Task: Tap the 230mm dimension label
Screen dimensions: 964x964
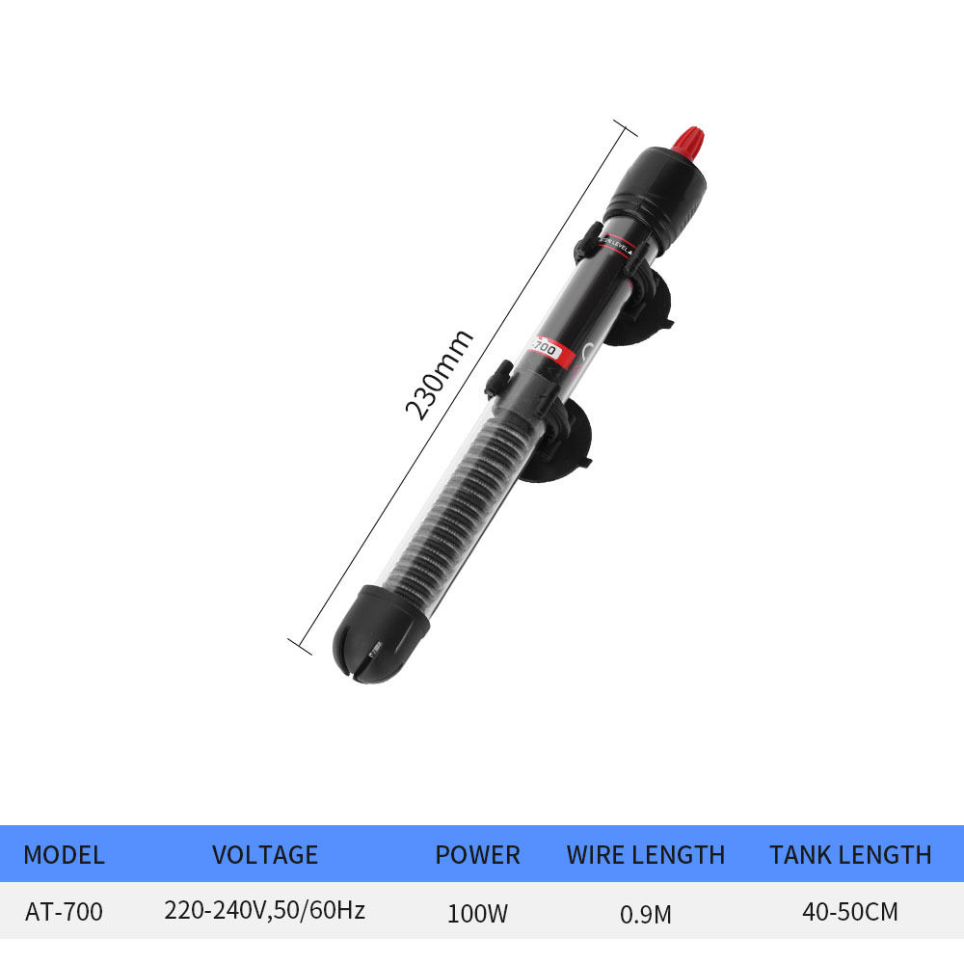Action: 439,374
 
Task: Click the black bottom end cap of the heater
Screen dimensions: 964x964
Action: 380,648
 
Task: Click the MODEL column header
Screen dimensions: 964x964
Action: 64,854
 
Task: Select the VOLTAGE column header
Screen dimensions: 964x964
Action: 264,854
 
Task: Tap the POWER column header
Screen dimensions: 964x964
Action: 477,854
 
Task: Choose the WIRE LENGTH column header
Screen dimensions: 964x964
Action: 646,854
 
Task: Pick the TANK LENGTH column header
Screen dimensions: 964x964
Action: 850,854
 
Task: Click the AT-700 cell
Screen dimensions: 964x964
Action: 64,911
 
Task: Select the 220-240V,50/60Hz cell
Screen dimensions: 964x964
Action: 264,910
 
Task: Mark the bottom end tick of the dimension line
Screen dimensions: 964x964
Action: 300,646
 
